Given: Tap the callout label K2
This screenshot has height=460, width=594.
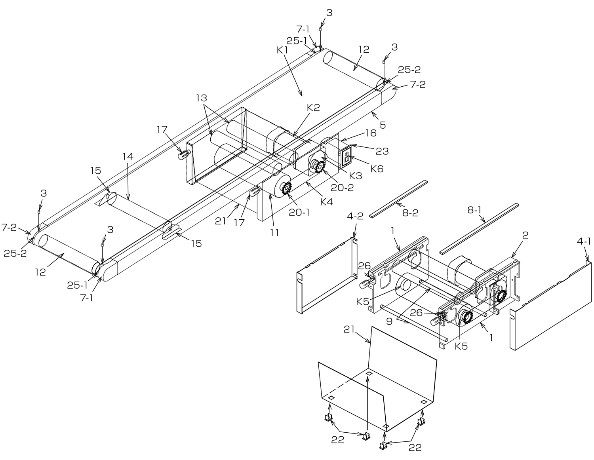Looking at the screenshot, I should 313,107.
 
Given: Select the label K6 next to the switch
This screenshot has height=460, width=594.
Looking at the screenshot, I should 377,168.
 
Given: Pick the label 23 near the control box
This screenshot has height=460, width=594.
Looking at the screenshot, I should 383,151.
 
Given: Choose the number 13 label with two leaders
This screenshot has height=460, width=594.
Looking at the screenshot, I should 202,97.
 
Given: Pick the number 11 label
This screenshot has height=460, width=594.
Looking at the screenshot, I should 274,232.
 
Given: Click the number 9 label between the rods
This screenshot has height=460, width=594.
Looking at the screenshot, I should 389,321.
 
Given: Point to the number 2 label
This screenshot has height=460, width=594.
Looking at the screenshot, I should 525,235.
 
